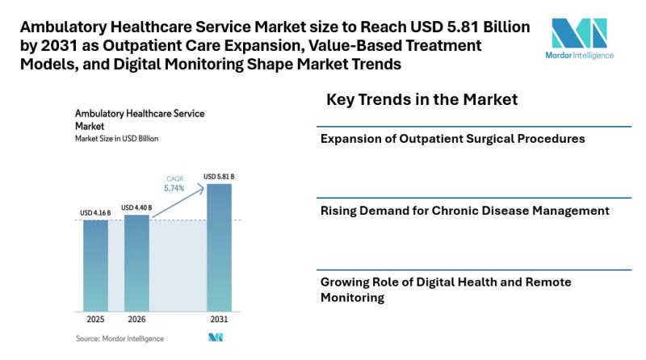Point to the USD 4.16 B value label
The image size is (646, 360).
click(x=95, y=213)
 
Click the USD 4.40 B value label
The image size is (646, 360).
click(x=136, y=207)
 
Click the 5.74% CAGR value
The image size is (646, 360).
click(x=173, y=188)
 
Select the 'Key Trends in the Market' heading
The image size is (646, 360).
click(x=421, y=99)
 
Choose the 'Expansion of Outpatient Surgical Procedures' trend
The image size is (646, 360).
click(x=452, y=139)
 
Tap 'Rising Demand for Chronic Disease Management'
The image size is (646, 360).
click(x=464, y=211)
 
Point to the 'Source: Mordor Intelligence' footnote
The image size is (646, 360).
click(x=120, y=338)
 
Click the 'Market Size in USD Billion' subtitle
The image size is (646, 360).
click(x=116, y=139)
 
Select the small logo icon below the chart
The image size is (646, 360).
click(x=215, y=337)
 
